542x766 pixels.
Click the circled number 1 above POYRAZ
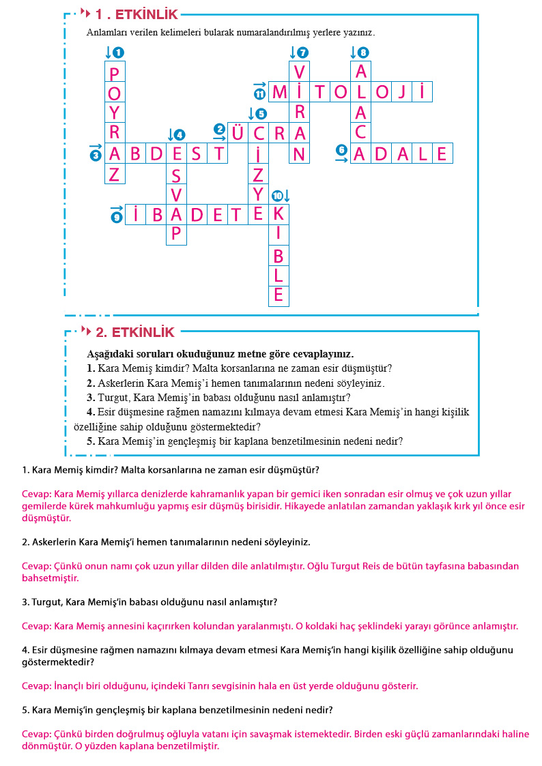pos(119,53)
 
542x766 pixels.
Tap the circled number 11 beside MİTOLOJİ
pos(259,93)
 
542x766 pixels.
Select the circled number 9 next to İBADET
pos(117,216)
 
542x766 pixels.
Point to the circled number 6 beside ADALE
pos(341,150)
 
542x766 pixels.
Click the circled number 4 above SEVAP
pos(180,134)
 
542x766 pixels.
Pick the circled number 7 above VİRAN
pos(303,53)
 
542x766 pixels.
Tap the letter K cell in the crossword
pos(279,214)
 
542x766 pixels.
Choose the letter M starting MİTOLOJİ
pos(279,92)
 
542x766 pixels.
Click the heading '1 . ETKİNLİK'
pos(137,14)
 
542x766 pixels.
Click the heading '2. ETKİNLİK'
pos(135,333)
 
